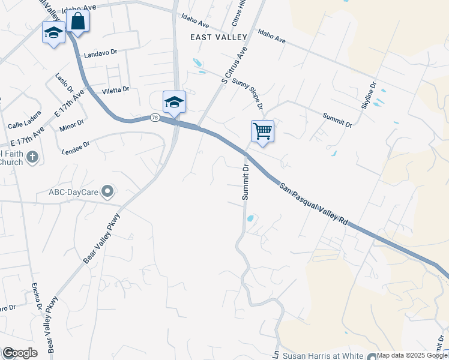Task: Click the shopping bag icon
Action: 78,21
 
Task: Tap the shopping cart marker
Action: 262,131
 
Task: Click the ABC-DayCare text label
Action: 74,193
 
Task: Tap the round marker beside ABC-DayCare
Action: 108,192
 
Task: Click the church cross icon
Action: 32,157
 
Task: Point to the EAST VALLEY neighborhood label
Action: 218,37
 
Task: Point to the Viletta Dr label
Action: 116,90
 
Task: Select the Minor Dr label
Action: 72,126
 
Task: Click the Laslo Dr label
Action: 64,83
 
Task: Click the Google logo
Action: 20,353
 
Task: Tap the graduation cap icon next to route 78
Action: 174,101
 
